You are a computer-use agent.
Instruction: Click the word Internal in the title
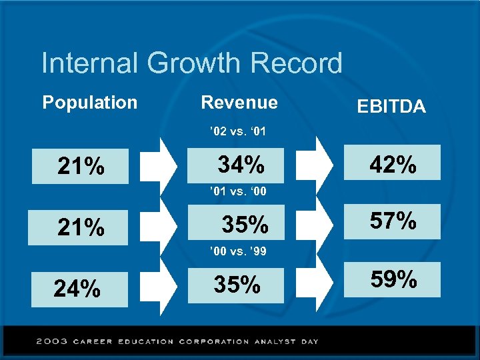pos(90,64)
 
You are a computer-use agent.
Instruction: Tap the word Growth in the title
pos(193,64)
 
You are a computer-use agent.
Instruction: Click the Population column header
pos(90,103)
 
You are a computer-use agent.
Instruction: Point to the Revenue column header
pos(239,103)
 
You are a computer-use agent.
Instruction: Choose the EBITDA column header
pos(391,107)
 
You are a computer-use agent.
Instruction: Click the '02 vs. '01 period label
pos(237,132)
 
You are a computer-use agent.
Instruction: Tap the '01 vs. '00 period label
pos(237,192)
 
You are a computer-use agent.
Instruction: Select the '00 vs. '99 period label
pos(237,252)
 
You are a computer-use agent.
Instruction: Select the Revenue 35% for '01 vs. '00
pos(245,225)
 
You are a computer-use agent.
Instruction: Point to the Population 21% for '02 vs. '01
pos(81,167)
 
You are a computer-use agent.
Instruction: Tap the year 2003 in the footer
pos(51,341)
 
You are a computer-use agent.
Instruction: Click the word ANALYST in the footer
pos(273,341)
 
